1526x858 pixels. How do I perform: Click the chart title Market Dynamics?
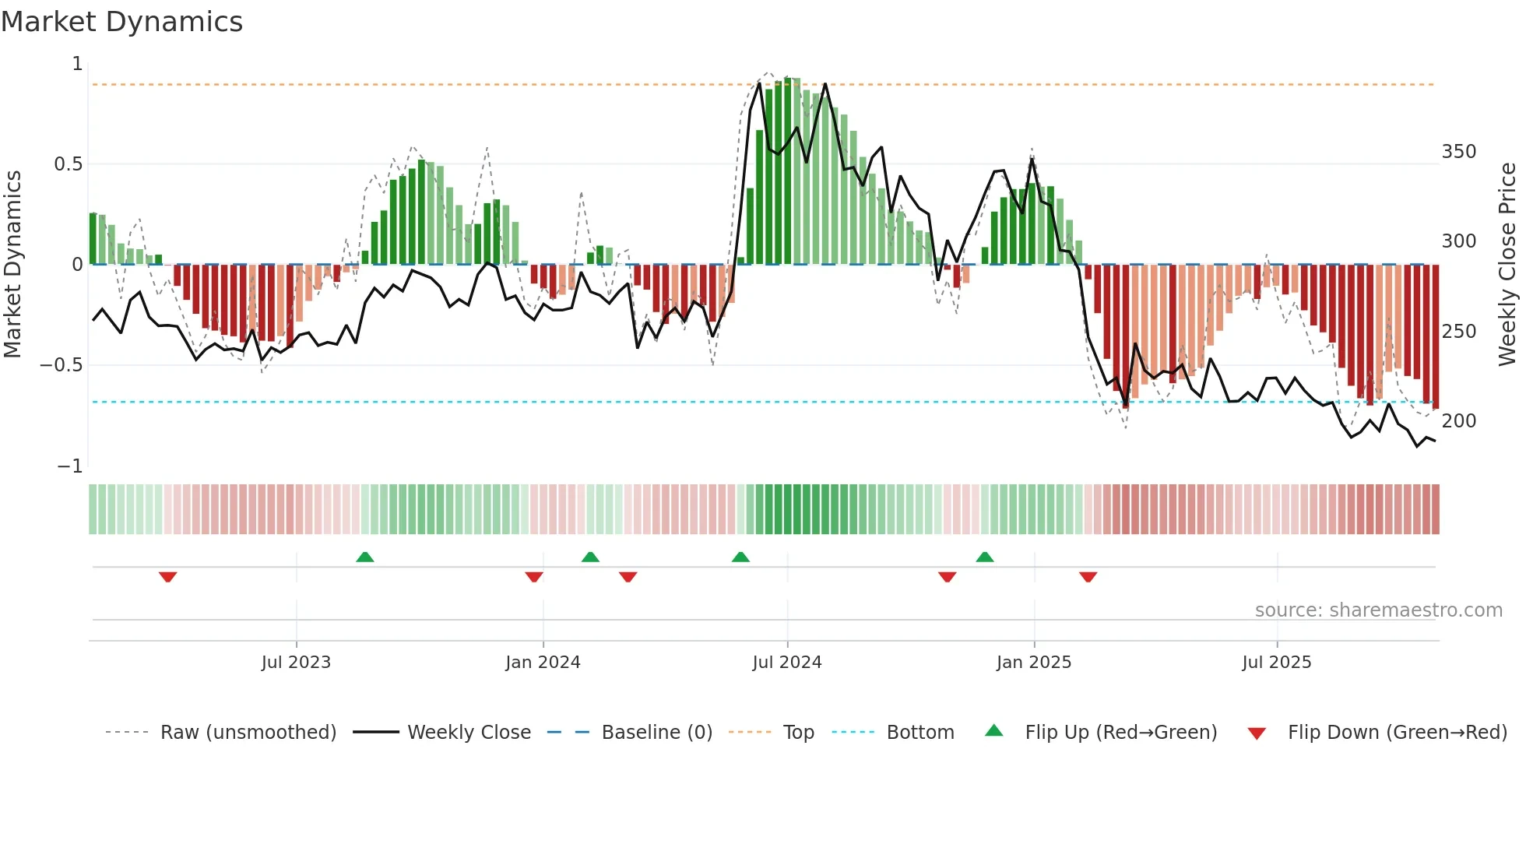121,22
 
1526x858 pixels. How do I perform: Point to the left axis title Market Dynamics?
12,265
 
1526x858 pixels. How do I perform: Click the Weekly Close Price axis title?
1507,265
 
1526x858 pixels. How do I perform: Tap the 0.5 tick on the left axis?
68,164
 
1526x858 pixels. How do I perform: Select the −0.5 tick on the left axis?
62,365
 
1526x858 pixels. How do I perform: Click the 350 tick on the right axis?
1458,152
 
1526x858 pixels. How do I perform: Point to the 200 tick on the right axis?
1458,421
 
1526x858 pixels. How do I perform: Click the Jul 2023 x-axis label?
296,663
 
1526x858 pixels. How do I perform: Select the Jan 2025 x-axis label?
1033,663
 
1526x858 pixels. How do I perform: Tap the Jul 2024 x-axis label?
786,663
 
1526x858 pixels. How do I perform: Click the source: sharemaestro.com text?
1378,610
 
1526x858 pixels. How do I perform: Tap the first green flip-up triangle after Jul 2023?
364,557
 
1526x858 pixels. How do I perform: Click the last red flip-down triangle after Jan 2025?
1088,577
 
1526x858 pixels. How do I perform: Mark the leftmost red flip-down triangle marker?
167,577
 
